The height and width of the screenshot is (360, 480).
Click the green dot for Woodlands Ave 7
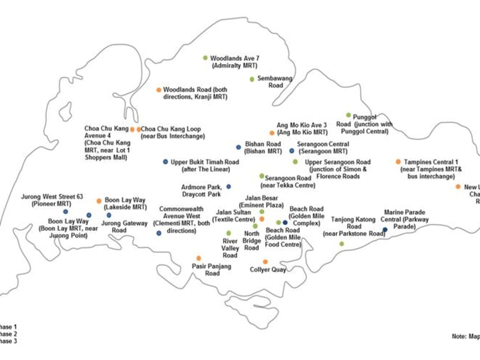click(x=205, y=58)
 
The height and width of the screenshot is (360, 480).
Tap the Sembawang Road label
click(x=275, y=82)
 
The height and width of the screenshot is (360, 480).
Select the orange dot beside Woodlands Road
click(x=158, y=90)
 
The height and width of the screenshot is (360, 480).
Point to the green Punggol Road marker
click(x=348, y=115)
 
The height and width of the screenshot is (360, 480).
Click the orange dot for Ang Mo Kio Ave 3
click(x=271, y=133)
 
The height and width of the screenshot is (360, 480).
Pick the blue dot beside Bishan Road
click(x=238, y=148)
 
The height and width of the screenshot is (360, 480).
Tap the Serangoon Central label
click(x=323, y=147)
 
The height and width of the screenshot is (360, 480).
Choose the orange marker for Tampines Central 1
click(x=398, y=162)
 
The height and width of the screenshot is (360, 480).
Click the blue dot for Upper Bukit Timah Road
click(x=165, y=162)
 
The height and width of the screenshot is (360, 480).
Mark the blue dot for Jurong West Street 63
click(x=65, y=212)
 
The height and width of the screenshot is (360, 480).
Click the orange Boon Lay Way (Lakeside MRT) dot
click(x=99, y=201)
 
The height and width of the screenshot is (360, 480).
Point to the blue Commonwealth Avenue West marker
click(x=158, y=233)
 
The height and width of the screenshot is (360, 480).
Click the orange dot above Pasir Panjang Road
click(x=198, y=258)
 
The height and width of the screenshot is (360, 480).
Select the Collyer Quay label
click(x=268, y=270)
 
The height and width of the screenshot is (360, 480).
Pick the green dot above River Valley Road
click(x=228, y=233)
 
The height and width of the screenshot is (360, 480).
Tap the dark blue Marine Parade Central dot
click(x=385, y=230)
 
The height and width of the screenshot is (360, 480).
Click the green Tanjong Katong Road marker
click(x=341, y=244)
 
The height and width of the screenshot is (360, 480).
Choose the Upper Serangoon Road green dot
click(x=295, y=162)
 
